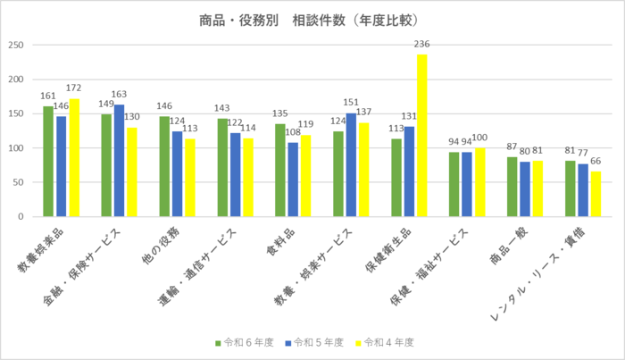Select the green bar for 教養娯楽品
pyautogui.click(x=48, y=162)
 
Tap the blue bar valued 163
pyautogui.click(x=119, y=161)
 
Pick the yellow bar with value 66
pyautogui.click(x=596, y=194)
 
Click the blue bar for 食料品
pyautogui.click(x=293, y=180)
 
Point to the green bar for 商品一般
pyautogui.click(x=512, y=187)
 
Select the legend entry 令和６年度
pyautogui.click(x=243, y=342)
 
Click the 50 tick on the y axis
pyautogui.click(x=19, y=182)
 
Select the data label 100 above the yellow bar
pyautogui.click(x=479, y=138)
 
